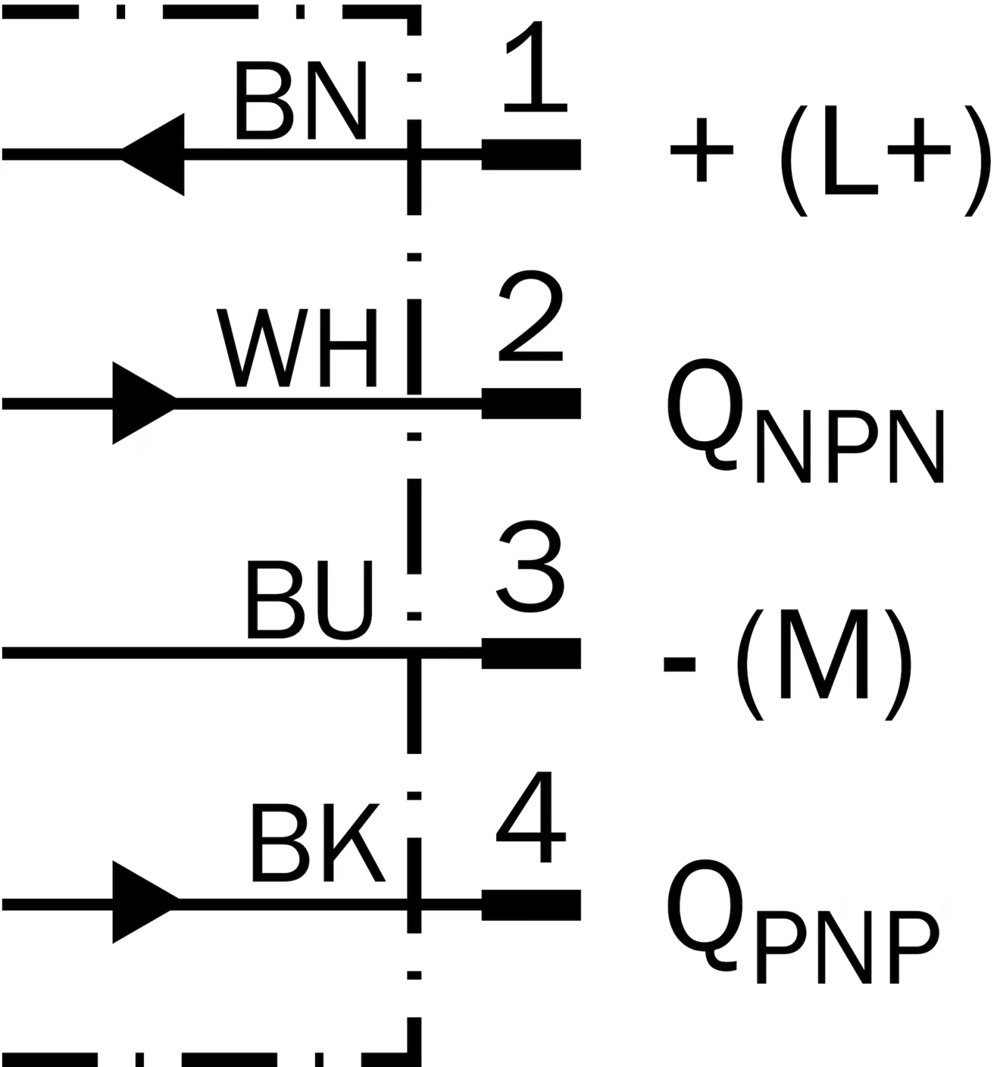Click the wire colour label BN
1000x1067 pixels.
(301, 101)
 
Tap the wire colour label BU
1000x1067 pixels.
(310, 599)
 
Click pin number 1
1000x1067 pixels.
(535, 68)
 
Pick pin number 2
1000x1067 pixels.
(531, 316)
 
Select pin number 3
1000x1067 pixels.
(531, 567)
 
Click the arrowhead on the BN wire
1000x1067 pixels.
(152, 154)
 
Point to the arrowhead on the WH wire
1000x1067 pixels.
(145, 403)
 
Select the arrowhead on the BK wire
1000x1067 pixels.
(145, 902)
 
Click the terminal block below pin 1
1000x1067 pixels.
(531, 154)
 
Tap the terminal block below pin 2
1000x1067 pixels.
(531, 403)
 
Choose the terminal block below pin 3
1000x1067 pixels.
(531, 653)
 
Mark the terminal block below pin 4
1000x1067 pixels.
(531, 905)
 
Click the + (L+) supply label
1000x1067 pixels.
(831, 160)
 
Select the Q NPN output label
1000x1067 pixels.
(805, 421)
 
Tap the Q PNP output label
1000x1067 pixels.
(802, 921)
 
